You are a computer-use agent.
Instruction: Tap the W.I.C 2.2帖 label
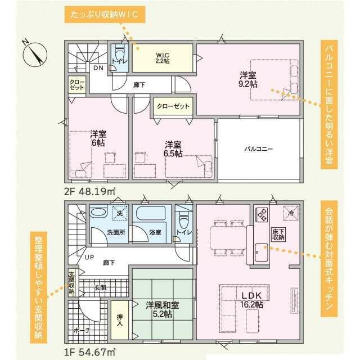[x=163, y=57]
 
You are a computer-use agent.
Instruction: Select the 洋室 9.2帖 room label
[x=247, y=79]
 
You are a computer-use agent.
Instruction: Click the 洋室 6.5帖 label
[x=173, y=148]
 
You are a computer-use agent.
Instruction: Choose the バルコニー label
[x=258, y=150]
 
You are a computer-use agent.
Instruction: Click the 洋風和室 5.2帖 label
[x=163, y=309]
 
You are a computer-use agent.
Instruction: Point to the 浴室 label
[x=155, y=231]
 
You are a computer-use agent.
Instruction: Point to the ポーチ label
[x=83, y=331]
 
